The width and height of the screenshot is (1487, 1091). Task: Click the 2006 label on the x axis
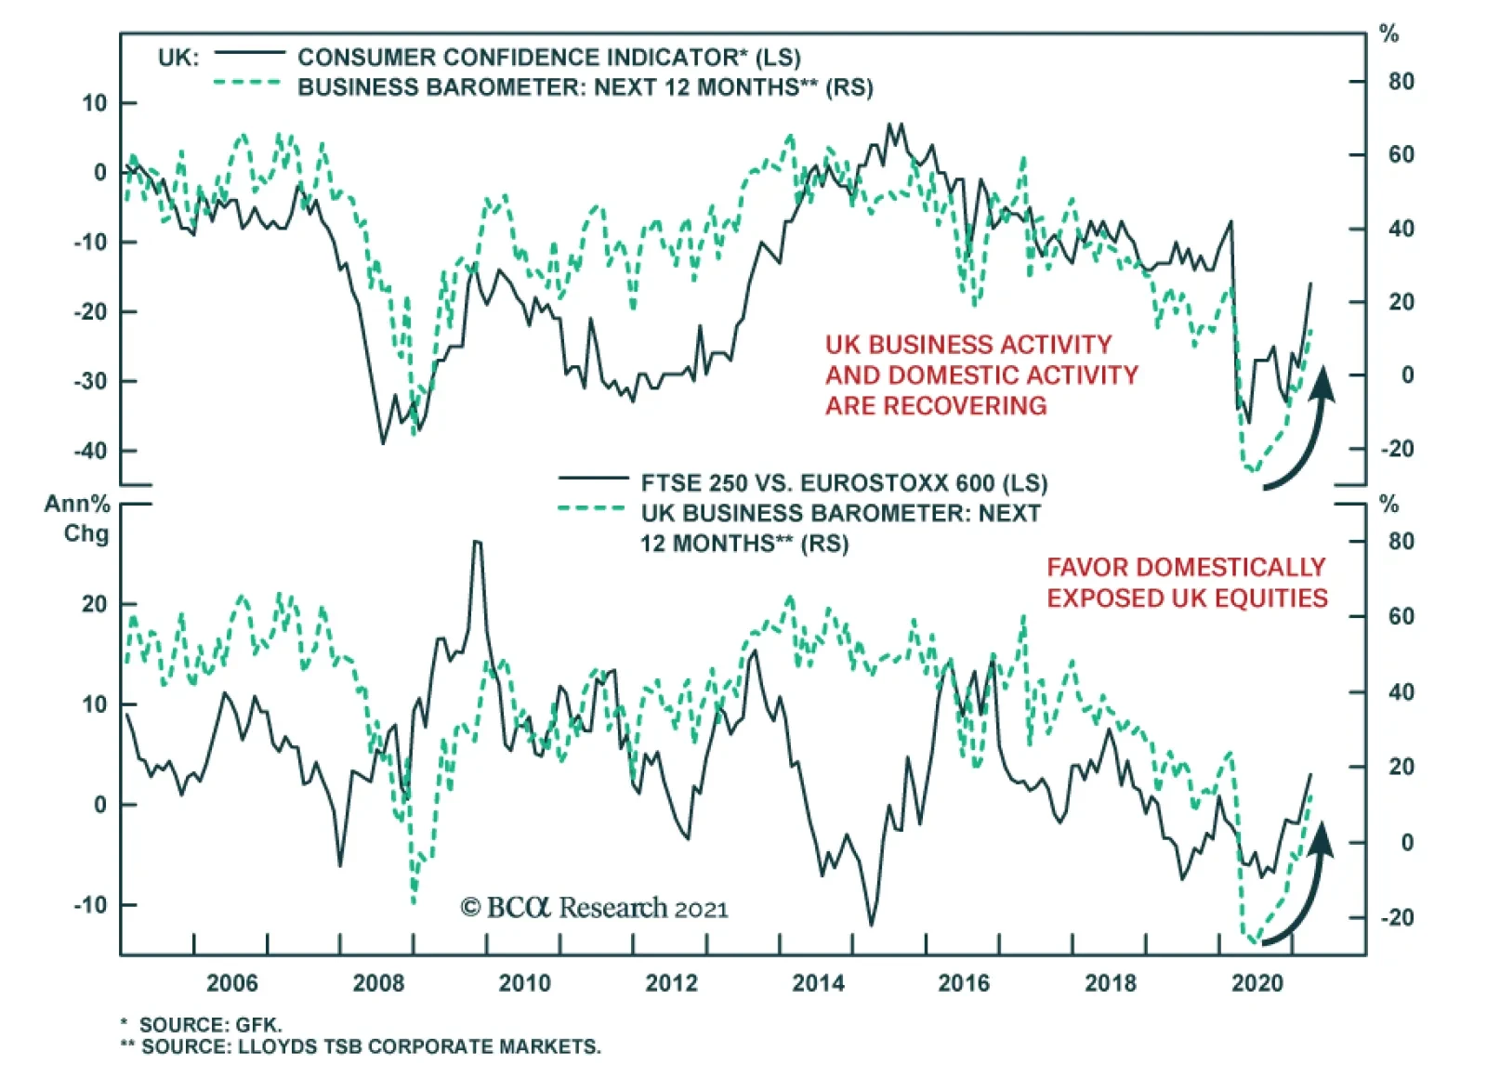point(231,982)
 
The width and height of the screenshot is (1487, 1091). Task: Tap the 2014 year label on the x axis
point(818,982)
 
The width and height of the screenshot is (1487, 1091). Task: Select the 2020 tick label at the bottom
point(1257,982)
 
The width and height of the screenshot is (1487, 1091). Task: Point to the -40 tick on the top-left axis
point(90,451)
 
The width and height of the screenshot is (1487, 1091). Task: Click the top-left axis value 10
point(94,103)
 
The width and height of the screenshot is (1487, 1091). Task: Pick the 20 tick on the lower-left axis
point(94,604)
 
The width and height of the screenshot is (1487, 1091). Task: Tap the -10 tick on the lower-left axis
point(90,904)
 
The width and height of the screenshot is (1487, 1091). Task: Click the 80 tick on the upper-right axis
point(1401,82)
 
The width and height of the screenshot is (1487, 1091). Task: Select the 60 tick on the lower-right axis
point(1401,616)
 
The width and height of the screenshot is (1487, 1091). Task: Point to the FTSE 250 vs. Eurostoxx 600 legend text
point(844,483)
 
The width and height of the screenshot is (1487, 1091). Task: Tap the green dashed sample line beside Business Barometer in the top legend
point(246,84)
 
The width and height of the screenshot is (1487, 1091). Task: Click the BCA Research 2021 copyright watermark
point(595,908)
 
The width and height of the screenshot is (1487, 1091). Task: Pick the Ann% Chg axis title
point(77,519)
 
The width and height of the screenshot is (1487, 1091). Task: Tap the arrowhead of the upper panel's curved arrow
point(1323,382)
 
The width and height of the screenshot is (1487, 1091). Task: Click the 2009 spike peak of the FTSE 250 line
point(477,542)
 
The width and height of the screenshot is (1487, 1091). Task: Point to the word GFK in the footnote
point(258,1025)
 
